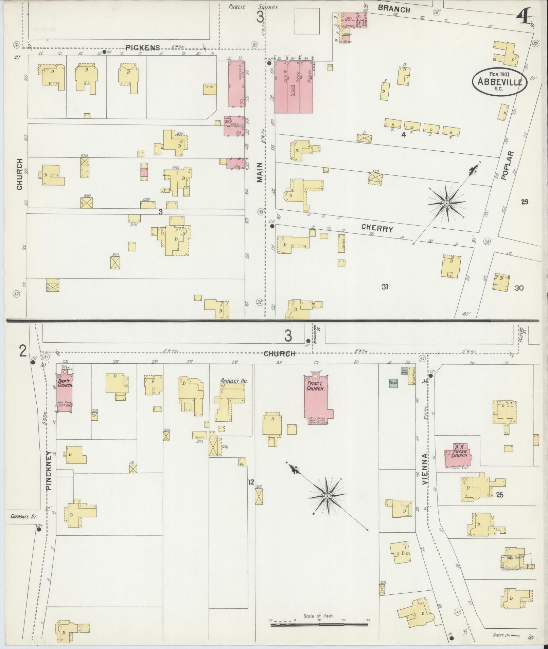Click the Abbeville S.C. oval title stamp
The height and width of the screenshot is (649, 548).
499,81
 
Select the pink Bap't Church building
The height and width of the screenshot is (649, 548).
64,394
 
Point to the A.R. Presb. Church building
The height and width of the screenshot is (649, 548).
459,455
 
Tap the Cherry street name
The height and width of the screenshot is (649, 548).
377,228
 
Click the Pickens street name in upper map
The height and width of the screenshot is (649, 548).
142,48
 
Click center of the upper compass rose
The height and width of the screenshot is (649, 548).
446,203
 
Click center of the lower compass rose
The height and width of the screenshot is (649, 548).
327,496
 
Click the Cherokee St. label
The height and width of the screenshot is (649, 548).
21,517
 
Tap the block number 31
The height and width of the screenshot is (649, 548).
384,287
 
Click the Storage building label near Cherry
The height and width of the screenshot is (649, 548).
341,243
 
